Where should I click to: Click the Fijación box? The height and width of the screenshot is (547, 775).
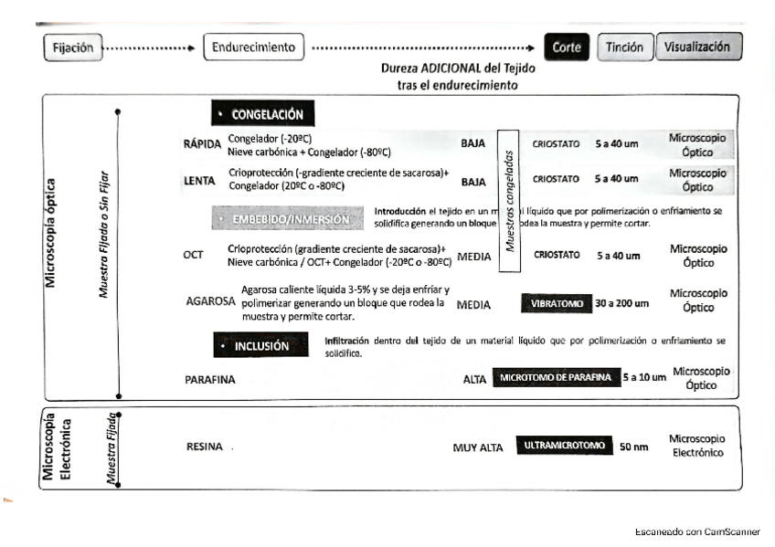pos(72,47)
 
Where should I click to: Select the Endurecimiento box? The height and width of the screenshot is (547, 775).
pos(254,47)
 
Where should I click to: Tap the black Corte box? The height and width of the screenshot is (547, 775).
pos(567,47)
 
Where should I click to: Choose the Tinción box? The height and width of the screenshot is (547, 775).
pos(625,47)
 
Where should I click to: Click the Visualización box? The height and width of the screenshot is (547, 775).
pos(697,47)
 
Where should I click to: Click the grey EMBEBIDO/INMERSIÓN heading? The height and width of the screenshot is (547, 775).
pos(289,219)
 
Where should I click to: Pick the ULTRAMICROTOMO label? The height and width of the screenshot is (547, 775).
pos(564,446)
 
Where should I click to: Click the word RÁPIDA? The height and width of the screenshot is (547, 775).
pos(202,144)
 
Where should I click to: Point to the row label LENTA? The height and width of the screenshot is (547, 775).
pos(199,181)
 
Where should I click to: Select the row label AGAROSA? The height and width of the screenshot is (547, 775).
pos(211,300)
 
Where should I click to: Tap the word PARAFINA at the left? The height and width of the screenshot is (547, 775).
pos(210,380)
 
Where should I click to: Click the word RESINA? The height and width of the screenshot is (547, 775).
pos(205,447)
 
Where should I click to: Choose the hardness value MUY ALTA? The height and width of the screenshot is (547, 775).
pos(478,447)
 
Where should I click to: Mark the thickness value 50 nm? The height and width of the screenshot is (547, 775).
pos(633,447)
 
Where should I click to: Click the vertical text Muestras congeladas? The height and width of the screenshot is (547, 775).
pos(510,201)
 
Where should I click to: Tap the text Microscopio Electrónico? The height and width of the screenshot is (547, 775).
pos(696,446)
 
